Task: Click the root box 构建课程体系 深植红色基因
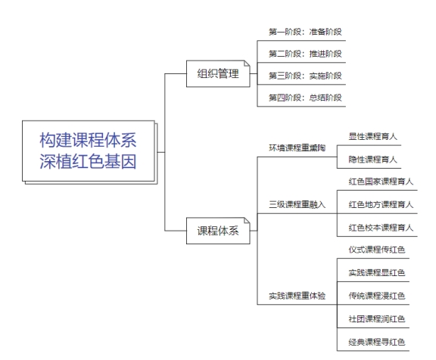coord(89,151)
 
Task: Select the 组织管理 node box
coord(218,73)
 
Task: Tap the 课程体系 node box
coord(218,231)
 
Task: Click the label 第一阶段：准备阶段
coord(305,32)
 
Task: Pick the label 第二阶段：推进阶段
coord(305,54)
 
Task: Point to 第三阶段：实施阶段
coord(305,76)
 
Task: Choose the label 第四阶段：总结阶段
coord(305,98)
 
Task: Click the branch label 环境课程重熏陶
coord(297,147)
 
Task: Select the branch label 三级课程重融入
coord(297,204)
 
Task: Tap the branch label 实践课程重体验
coord(297,296)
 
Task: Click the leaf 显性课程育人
coord(372,136)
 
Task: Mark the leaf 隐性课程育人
coord(372,160)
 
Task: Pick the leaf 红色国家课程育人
coord(381,182)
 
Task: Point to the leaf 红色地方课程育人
coord(381,204)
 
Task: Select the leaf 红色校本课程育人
coord(381,228)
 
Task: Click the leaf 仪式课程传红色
coord(377,250)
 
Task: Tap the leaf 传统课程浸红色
coord(377,296)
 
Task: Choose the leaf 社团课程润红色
coord(377,318)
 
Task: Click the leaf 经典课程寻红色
coord(377,342)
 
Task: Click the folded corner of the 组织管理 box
coord(248,64)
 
